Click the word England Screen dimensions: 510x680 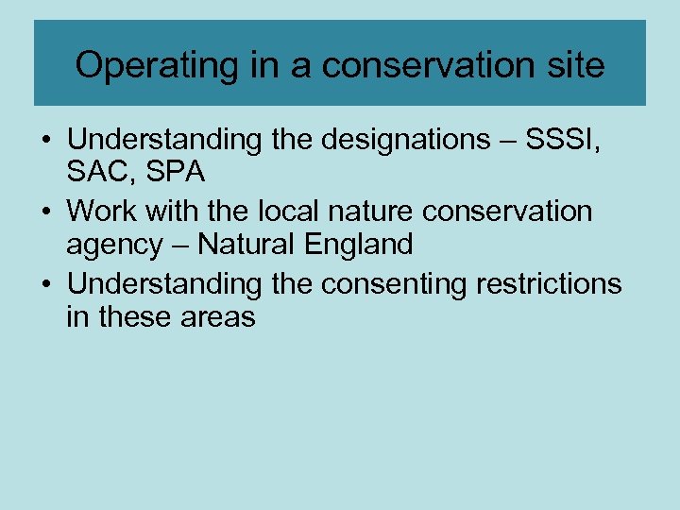click(x=362, y=246)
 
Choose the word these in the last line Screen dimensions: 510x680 click(x=136, y=316)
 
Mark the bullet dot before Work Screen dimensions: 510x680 click(x=46, y=211)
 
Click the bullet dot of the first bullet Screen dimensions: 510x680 click(x=46, y=140)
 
